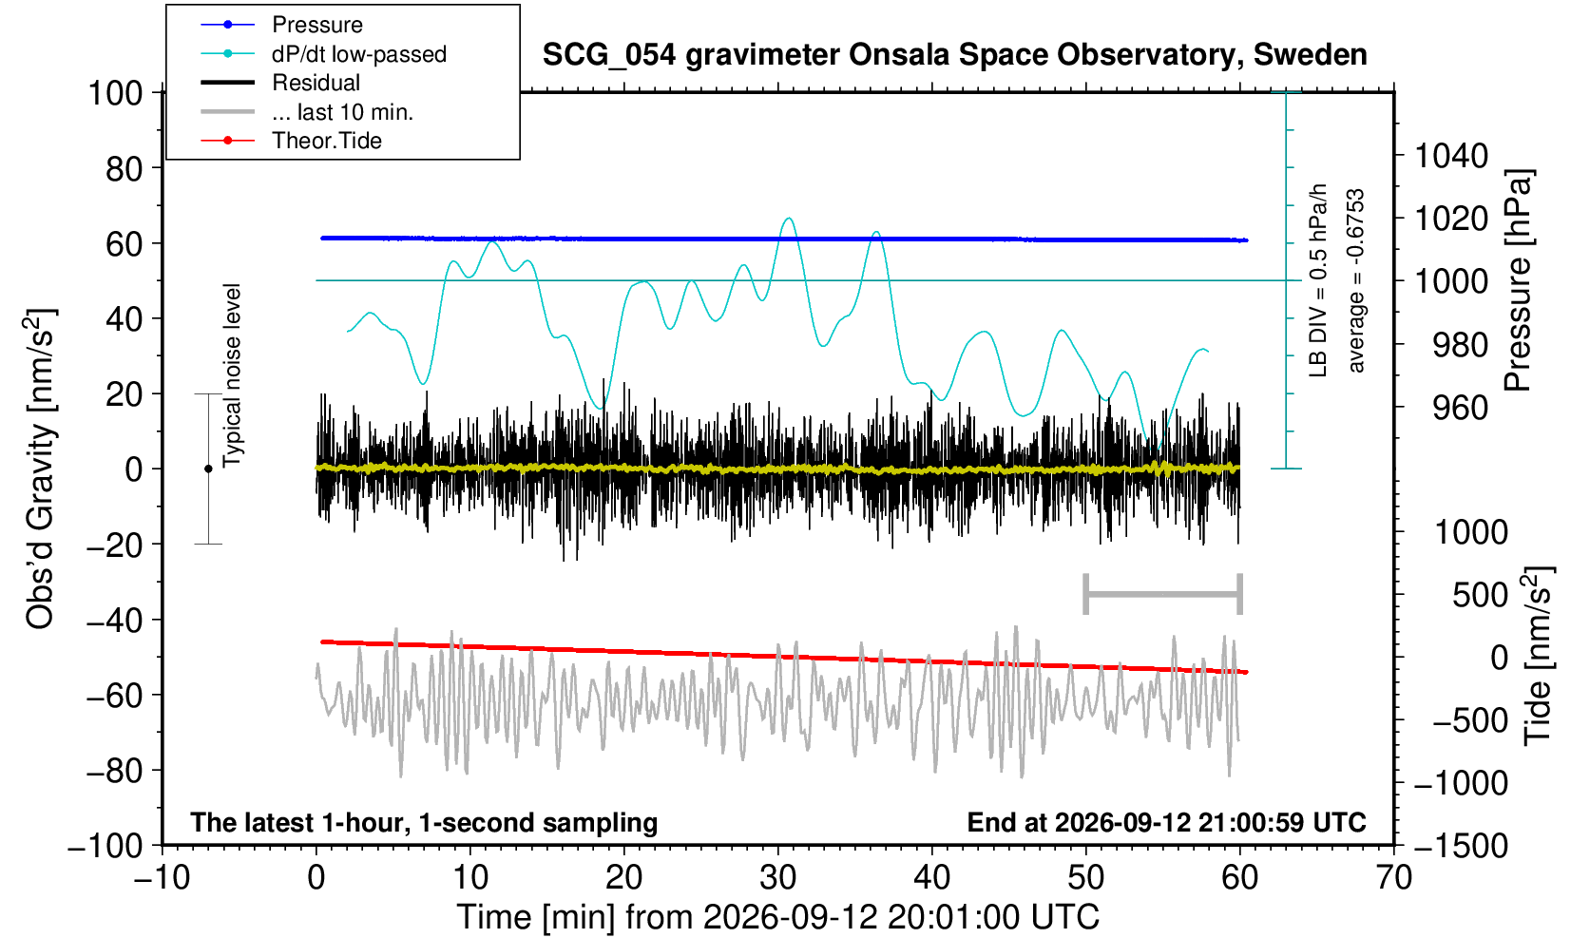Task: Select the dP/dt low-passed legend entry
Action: (323, 54)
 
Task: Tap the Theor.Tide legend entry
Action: (291, 141)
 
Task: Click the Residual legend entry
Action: (280, 83)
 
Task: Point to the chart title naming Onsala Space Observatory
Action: (954, 55)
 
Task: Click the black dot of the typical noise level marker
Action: (208, 469)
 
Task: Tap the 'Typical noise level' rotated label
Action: (232, 376)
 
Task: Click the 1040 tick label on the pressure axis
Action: (1451, 156)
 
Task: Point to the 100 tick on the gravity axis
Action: (115, 93)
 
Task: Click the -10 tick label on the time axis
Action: (162, 878)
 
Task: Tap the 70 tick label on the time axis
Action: (1393, 878)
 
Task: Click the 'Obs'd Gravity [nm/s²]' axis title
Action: (39, 469)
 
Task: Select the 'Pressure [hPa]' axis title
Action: (1518, 280)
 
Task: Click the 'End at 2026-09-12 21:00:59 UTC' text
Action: (1166, 822)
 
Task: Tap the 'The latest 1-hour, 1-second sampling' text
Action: (424, 822)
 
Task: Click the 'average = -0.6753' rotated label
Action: (1355, 280)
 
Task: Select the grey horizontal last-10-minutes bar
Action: (1163, 594)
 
